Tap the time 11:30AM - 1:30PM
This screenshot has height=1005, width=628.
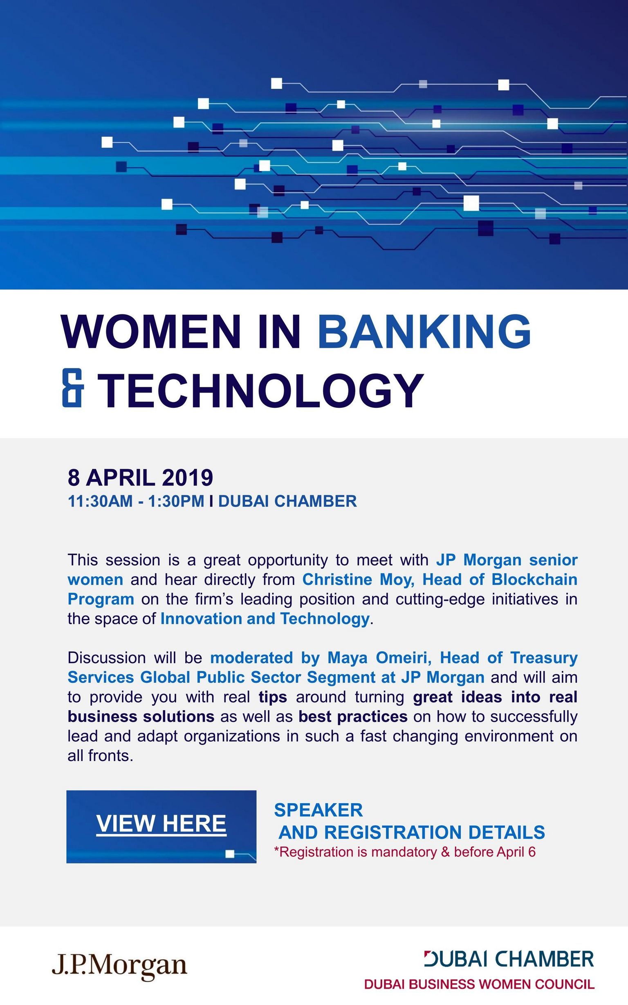(136, 501)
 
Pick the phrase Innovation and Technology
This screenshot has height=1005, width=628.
(265, 619)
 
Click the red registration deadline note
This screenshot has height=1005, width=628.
(405, 852)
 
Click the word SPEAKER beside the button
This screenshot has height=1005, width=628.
(318, 810)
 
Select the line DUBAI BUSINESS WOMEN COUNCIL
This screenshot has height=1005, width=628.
(479, 984)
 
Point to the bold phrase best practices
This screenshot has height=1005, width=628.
(353, 716)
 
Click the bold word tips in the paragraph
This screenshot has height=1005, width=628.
(273, 697)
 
